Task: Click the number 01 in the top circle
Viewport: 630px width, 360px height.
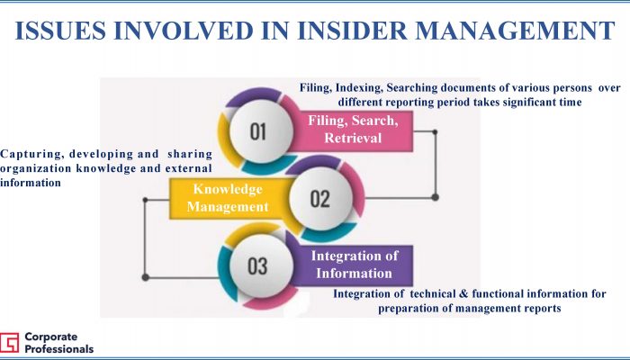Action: pos(258,131)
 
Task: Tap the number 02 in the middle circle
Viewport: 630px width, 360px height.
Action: pos(319,199)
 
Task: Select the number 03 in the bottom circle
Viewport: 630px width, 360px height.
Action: pos(257,265)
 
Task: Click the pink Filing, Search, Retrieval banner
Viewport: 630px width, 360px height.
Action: pos(353,131)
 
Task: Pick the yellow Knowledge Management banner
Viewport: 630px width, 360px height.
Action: pos(229,199)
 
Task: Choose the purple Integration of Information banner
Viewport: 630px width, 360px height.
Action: pos(354,265)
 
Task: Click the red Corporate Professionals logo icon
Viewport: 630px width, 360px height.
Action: pos(9,343)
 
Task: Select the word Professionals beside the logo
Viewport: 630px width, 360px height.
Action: pos(59,348)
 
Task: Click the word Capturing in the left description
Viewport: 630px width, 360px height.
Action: pos(32,154)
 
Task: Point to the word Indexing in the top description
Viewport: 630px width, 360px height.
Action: pos(359,88)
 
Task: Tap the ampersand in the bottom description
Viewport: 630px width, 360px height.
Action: pos(463,293)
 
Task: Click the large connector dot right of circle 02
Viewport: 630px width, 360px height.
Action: pos(435,197)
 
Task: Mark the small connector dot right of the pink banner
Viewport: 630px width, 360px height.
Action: pos(435,131)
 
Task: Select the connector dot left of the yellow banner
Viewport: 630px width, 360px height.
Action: pos(145,200)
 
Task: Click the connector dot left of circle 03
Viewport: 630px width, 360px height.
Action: pos(146,277)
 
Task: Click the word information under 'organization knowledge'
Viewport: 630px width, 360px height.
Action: pos(31,183)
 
